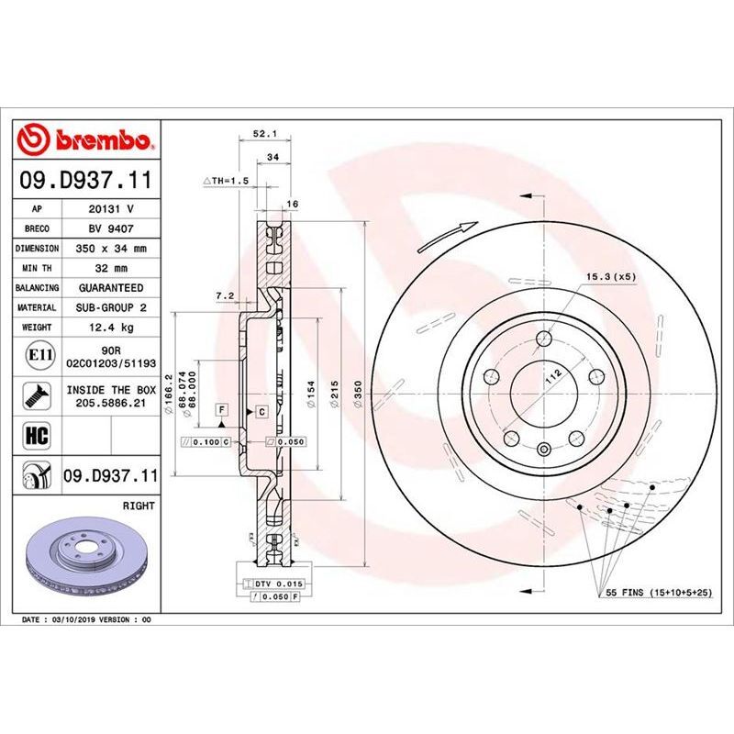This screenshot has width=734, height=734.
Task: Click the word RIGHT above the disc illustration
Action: [x=139, y=506]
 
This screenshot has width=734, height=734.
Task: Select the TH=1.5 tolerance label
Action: [x=225, y=182]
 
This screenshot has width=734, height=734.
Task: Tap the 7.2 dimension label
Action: [x=224, y=295]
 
